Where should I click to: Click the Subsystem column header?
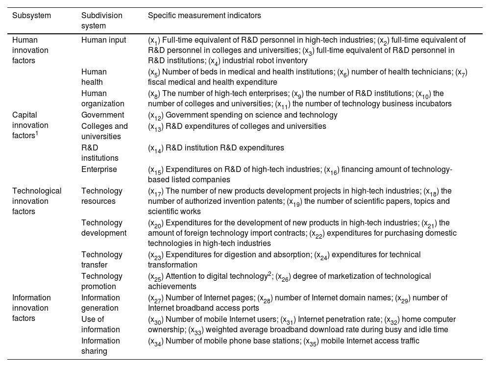click(31, 16)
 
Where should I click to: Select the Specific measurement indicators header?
click(204, 16)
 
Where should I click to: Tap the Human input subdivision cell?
click(103, 40)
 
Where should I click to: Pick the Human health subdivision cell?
click(94, 77)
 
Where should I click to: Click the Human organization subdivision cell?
click(102, 98)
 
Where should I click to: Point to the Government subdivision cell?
click(102, 115)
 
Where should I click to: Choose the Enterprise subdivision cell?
click(99, 170)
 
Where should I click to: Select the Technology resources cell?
click(102, 196)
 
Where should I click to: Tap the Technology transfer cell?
click(102, 260)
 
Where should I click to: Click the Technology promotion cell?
click(102, 281)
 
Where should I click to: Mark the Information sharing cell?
click(100, 346)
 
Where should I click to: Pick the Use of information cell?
click(100, 324)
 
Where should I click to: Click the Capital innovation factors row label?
click(30, 125)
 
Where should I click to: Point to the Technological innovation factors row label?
click(37, 201)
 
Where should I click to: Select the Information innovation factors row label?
click(31, 308)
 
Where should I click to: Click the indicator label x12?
click(156, 116)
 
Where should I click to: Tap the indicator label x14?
click(156, 148)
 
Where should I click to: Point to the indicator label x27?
click(156, 298)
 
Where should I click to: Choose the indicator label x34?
click(156, 342)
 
